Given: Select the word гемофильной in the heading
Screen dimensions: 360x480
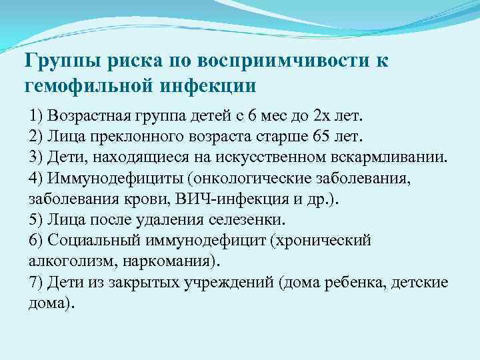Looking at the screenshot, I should (89, 85).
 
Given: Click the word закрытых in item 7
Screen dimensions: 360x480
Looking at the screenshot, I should (167, 282).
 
